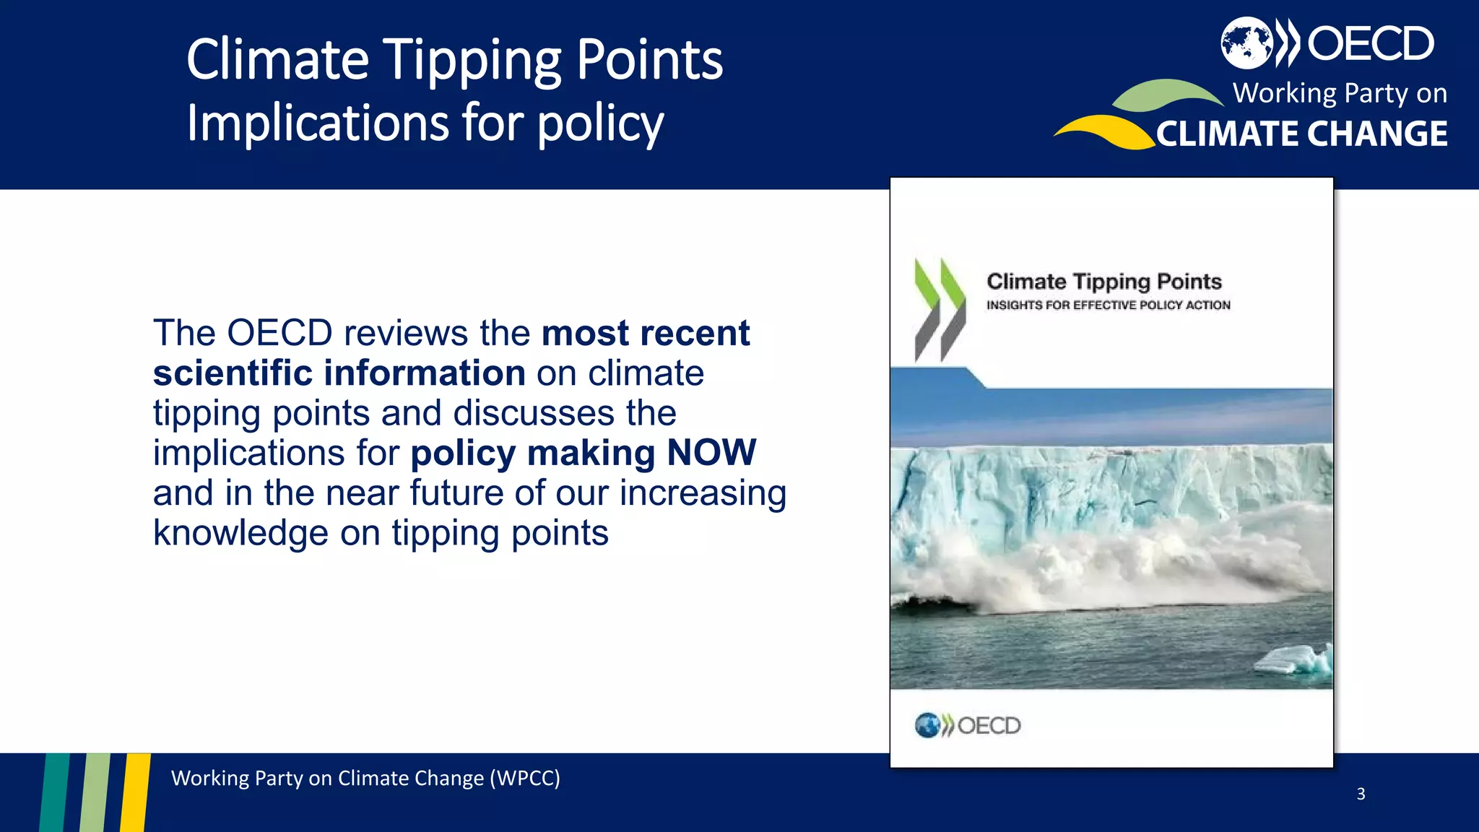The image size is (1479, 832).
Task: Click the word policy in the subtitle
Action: point(599,124)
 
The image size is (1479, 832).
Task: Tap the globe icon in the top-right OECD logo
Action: point(1246,43)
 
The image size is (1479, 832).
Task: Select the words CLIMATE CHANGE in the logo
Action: point(1301,134)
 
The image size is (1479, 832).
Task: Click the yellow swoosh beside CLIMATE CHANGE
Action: point(1105,131)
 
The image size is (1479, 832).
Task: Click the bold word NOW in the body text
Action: point(711,453)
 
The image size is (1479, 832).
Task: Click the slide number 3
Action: point(1361,794)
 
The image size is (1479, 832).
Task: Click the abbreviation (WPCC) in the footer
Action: point(524,779)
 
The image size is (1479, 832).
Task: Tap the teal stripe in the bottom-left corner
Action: point(55,792)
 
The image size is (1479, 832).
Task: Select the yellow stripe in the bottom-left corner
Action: point(135,792)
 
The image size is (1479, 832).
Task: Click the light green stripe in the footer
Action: point(95,792)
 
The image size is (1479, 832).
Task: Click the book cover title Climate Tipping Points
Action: point(1103,281)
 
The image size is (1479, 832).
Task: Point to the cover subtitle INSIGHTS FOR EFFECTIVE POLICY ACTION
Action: point(1108,305)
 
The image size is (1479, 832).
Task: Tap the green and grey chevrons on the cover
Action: point(939,310)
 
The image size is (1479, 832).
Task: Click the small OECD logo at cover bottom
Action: point(967,725)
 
